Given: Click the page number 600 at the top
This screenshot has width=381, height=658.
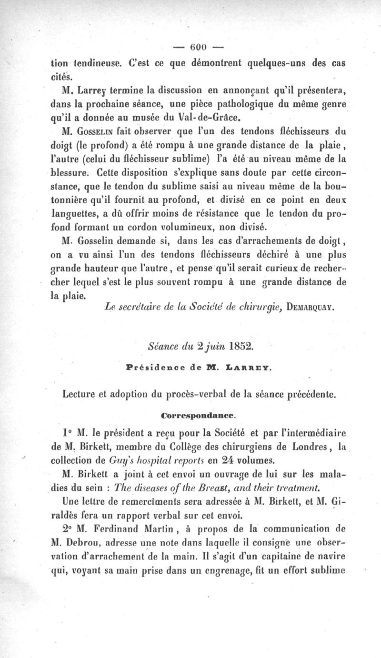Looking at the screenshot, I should (197, 47).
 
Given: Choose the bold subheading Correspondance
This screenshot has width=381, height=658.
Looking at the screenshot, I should (199, 415).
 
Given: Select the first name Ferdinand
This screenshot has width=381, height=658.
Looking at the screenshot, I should (121, 529).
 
